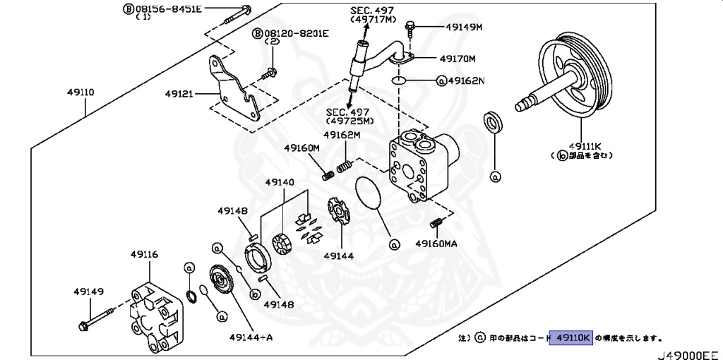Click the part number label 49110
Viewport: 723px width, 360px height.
point(81,92)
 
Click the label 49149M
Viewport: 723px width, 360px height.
point(463,28)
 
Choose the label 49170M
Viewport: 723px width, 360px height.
point(458,59)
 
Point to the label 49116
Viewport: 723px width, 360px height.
point(145,254)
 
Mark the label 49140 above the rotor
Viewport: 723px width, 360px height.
point(280,182)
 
